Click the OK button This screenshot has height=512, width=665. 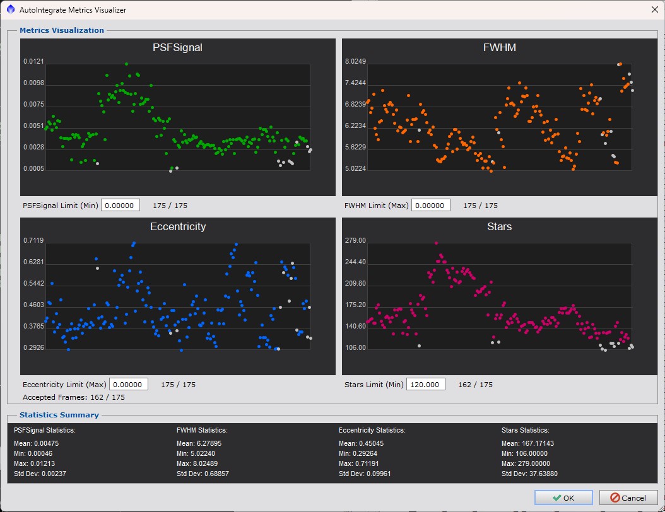(563, 497)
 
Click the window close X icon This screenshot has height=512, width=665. (654, 9)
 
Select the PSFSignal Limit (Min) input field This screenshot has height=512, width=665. (120, 205)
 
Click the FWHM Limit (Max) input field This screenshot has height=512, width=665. (430, 205)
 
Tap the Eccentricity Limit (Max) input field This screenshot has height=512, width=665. (129, 385)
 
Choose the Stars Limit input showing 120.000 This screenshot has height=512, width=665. (425, 385)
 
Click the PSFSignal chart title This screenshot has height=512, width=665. (177, 47)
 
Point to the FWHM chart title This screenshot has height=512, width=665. (500, 47)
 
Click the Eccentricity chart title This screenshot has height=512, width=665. (178, 227)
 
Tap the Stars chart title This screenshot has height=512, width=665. (499, 227)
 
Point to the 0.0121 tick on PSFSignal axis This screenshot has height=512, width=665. (33, 61)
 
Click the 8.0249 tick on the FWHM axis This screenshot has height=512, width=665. (355, 61)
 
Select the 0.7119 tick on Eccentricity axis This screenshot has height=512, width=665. (33, 241)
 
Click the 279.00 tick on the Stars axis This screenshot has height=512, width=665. (355, 241)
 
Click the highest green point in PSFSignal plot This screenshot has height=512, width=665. (126, 64)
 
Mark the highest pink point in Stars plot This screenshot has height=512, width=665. (436, 243)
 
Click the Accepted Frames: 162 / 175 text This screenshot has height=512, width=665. (74, 397)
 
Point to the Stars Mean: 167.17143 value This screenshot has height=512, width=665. (527, 443)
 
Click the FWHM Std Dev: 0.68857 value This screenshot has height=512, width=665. (203, 474)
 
